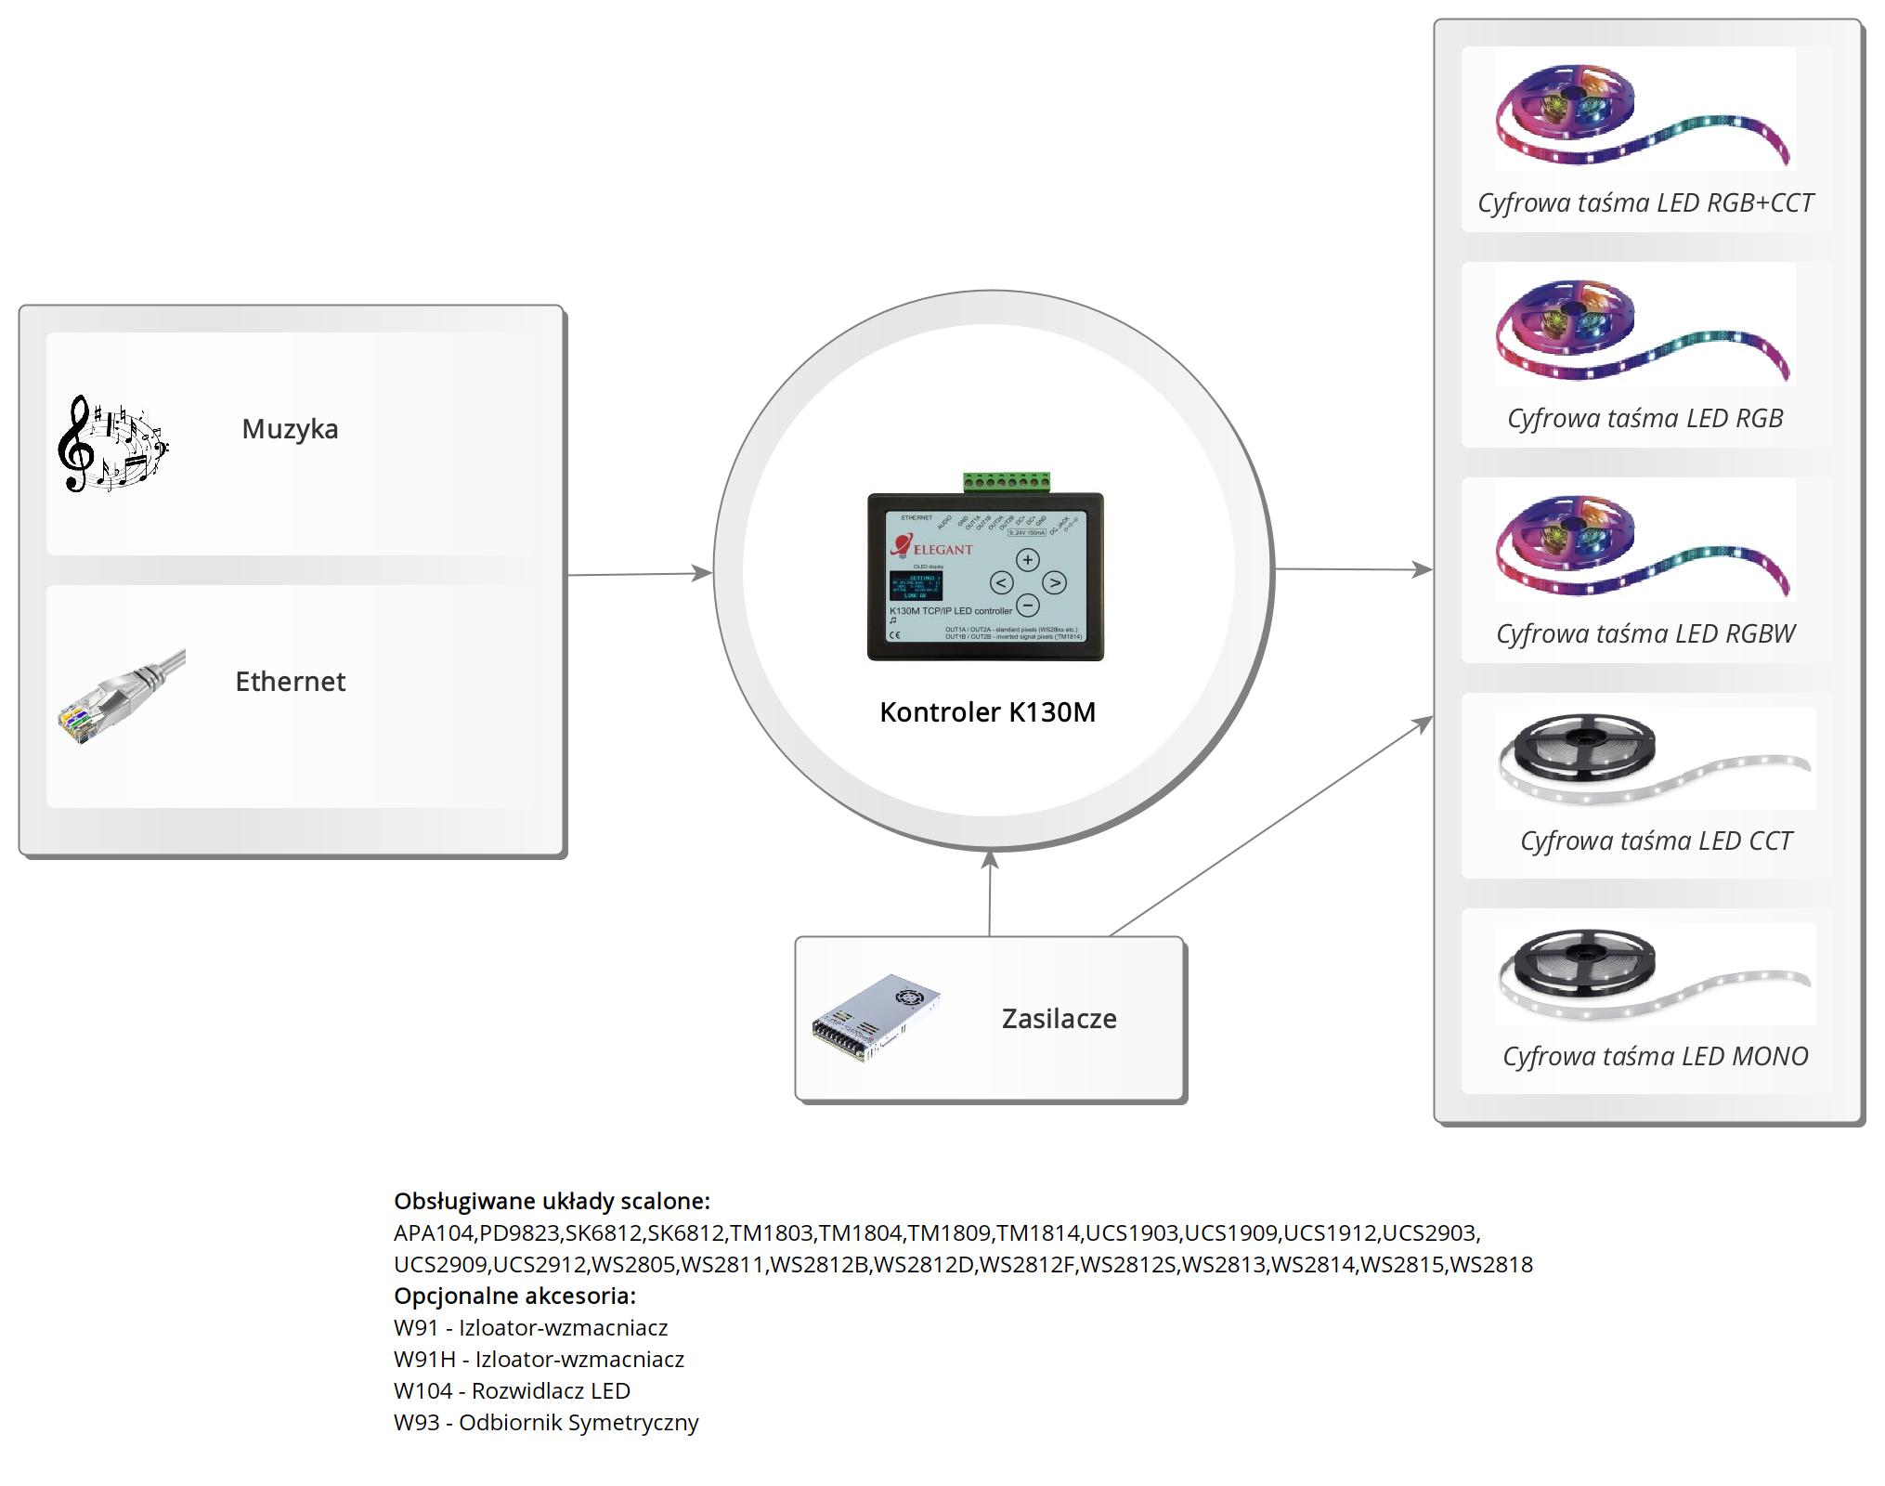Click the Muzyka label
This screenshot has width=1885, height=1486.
click(x=290, y=429)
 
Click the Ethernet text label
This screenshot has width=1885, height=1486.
click(x=290, y=682)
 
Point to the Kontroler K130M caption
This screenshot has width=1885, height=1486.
click(x=987, y=712)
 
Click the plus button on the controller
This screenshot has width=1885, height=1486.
click(x=1027, y=560)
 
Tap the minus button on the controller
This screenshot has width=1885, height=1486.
click(x=1027, y=606)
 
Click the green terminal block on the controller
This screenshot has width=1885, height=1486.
click(x=1007, y=482)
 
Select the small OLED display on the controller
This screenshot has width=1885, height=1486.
click(x=915, y=586)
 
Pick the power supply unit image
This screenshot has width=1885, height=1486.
click(x=876, y=1018)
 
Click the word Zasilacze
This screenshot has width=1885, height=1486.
click(x=1059, y=1019)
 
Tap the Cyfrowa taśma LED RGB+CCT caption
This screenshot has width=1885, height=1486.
click(x=1644, y=202)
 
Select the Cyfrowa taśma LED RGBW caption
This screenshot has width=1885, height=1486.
click(x=1644, y=633)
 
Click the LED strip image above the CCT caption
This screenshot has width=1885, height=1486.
click(x=1654, y=758)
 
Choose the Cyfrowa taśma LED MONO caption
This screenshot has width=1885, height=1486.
click(x=1655, y=1056)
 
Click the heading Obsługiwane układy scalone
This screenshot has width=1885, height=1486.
click(x=552, y=1201)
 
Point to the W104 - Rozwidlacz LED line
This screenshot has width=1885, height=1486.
click(x=512, y=1390)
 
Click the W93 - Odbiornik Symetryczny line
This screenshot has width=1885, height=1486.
click(x=546, y=1422)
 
